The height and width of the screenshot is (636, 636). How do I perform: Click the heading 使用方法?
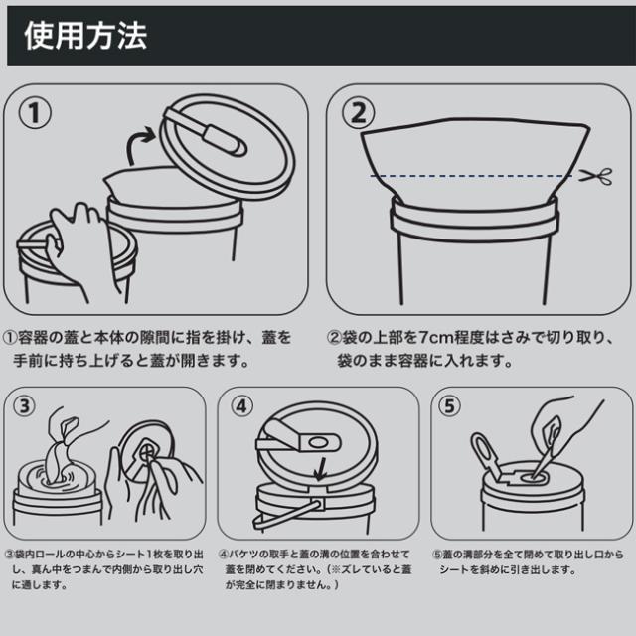pos(85,36)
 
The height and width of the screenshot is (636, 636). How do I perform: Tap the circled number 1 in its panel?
pos(35,113)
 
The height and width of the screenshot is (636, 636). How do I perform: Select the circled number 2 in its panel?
pos(358,113)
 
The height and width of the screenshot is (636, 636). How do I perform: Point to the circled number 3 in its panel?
pos(25,406)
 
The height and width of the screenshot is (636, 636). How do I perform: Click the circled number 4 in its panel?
pos(241,406)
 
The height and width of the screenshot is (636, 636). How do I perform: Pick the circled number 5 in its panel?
pos(449,406)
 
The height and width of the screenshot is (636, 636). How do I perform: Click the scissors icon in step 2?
pos(595,177)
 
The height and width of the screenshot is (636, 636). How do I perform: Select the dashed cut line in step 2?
pos(471,176)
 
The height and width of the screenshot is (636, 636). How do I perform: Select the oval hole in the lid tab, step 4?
pos(319,443)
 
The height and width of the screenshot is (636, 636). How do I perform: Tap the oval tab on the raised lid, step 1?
pos(224,140)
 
